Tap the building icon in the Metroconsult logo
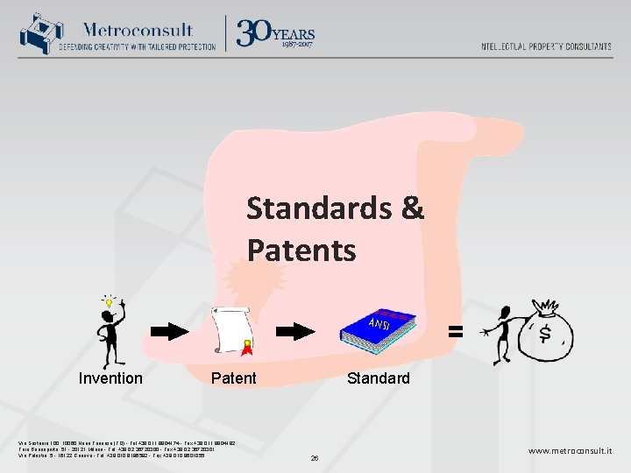[37, 33]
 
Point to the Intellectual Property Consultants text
[546, 46]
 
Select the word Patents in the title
[301, 251]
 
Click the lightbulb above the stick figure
[110, 302]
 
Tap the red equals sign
[456, 331]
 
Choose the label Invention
[110, 378]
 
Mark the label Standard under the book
[378, 378]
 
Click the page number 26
[315, 457]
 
